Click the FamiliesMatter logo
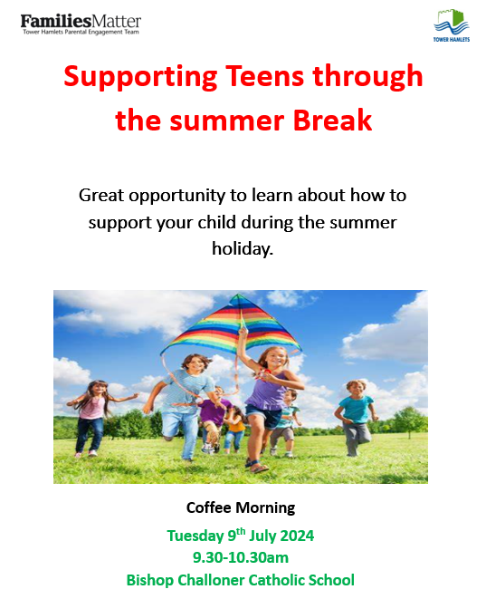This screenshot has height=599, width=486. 81,24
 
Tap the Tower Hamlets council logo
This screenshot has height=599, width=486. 452,26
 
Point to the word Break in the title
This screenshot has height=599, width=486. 332,121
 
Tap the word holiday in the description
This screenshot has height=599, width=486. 243,248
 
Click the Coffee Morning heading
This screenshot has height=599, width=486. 241,507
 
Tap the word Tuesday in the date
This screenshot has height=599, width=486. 195,536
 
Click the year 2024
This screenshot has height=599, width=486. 297,536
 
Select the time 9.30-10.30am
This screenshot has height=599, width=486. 241,557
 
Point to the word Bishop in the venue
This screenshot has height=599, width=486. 149,580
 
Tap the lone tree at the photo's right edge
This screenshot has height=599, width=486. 410,421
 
